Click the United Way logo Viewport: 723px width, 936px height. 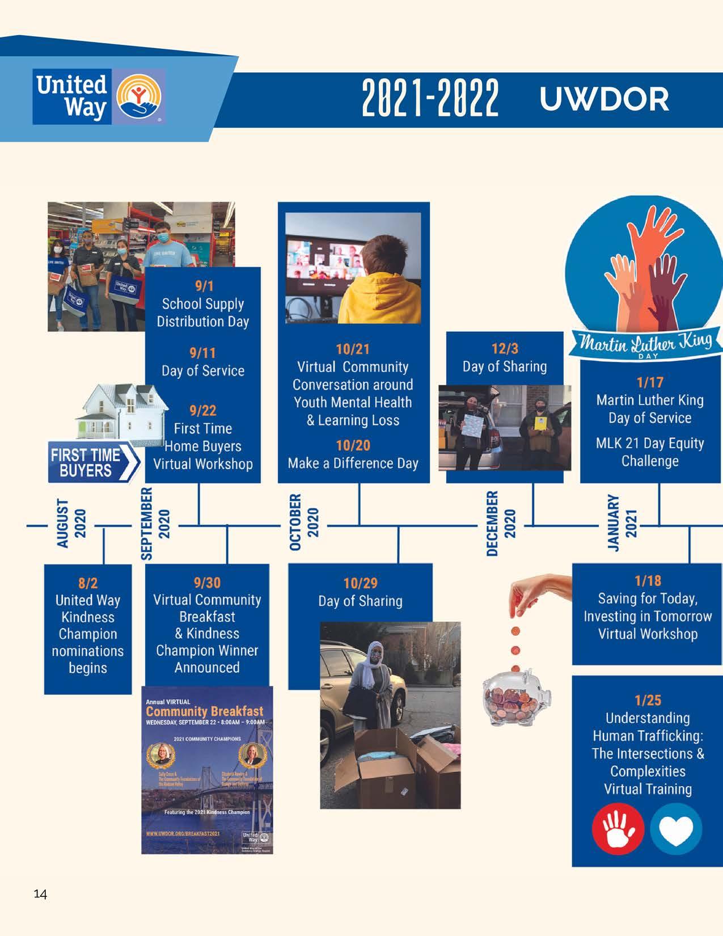pos(99,96)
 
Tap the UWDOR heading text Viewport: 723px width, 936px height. pos(604,99)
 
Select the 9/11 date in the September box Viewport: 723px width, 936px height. pos(202,353)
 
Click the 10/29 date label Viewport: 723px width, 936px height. pos(360,583)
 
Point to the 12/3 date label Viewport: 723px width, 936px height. pos(505,348)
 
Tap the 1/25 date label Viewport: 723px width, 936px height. pos(648,700)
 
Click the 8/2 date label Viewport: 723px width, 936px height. pos(87,583)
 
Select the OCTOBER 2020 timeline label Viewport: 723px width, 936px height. pos(304,521)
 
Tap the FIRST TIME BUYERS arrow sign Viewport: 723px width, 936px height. pos(94,462)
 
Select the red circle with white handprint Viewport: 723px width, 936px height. pos(618,830)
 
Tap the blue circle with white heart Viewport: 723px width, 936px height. pos(676,830)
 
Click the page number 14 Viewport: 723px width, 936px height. pos(40,895)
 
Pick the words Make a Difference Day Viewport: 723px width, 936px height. pos(353,463)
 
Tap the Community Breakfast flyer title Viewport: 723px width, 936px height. pos(205,711)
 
